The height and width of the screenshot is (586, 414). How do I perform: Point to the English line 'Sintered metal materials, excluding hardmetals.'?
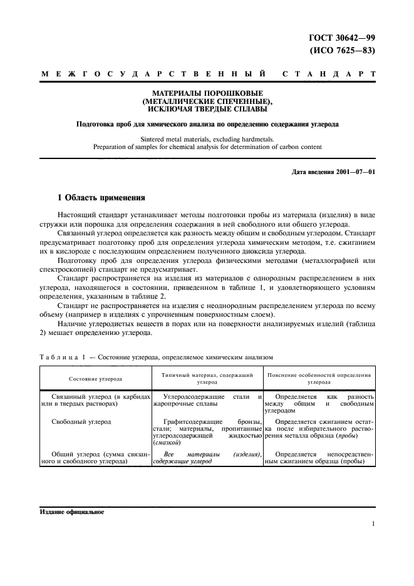click(x=206, y=139)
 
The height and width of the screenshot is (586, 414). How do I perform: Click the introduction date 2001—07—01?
click(x=334, y=171)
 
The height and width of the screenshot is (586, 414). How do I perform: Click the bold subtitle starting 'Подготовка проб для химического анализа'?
click(x=206, y=124)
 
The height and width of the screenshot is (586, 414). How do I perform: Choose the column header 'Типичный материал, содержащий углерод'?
click(x=207, y=378)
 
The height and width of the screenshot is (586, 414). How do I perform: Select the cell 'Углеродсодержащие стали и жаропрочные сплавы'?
click(x=207, y=401)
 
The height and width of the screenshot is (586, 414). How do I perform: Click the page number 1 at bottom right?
click(x=372, y=526)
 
